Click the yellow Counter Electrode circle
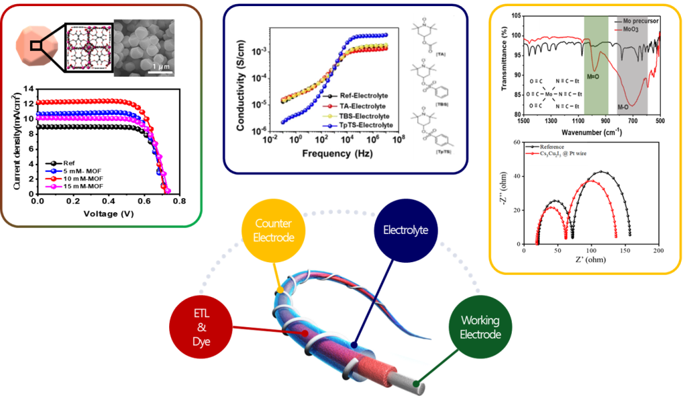(273, 231)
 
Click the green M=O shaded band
(596, 64)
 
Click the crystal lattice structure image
(88, 47)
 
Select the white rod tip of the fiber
(421, 382)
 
